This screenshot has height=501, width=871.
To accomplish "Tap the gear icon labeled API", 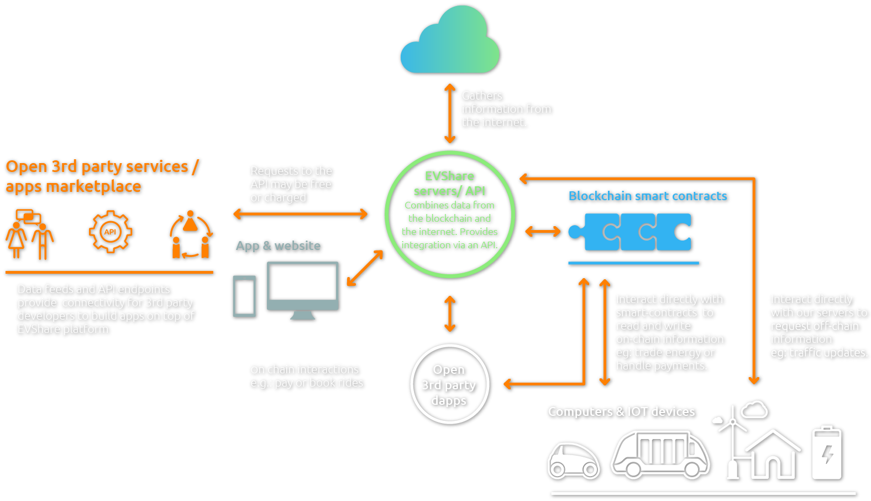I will tap(111, 232).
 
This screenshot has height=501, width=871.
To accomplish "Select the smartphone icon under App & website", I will tap(244, 296).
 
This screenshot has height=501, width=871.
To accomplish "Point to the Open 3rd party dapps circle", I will tap(449, 384).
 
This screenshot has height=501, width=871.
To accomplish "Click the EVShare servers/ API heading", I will tap(449, 184).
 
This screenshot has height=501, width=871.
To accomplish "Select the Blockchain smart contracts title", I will tap(647, 196).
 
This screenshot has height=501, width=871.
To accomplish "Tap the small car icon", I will tap(573, 461).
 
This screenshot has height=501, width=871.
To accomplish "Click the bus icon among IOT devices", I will tap(660, 454).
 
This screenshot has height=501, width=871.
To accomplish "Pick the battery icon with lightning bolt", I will tap(827, 453).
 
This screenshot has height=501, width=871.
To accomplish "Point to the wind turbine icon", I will tap(732, 442).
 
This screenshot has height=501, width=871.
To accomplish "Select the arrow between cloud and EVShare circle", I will tap(450, 113).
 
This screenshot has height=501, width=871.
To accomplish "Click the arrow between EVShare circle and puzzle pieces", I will tap(542, 231).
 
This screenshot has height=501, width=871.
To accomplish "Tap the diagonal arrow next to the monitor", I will tap(365, 268).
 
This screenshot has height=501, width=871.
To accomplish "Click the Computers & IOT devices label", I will tap(621, 411).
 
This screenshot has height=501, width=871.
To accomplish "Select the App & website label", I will tap(278, 246).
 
